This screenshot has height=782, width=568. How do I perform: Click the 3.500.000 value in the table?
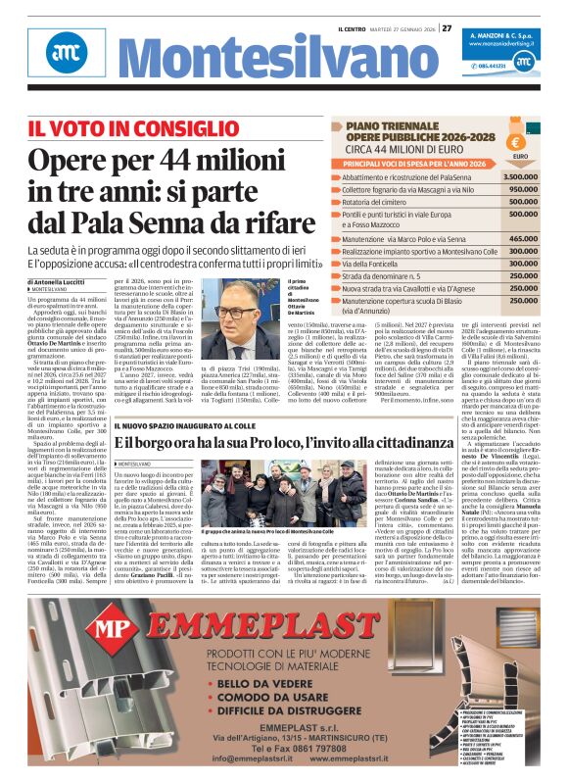click(520, 176)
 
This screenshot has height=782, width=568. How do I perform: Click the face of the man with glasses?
click(237, 311)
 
